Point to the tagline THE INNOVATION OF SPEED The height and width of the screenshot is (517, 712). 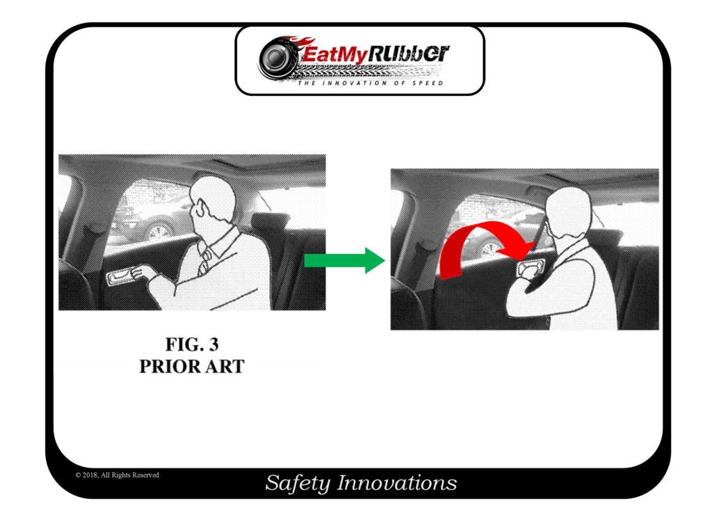(371, 83)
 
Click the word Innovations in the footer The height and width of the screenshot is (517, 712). (397, 483)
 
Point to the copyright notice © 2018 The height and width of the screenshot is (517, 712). (118, 475)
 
